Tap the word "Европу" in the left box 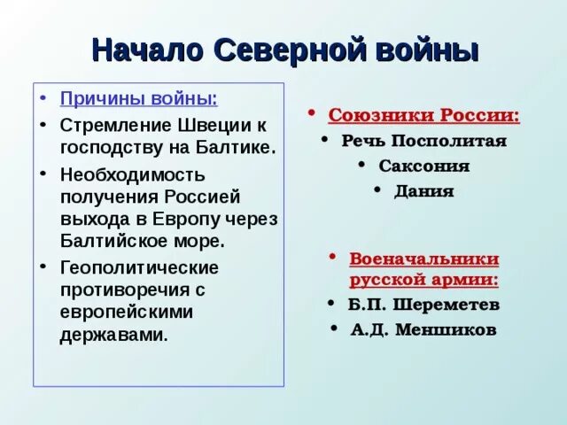pos(190,219)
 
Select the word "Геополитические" pos(139,267)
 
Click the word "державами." pos(113,336)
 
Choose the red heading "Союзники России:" pos(424,117)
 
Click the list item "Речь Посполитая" pos(423,142)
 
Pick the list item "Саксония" pos(423,166)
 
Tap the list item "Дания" pos(424,190)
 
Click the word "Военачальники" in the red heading pos(423,259)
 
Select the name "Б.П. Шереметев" pos(423,305)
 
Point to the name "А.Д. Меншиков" pos(423,329)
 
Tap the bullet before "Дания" pos(377,188)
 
